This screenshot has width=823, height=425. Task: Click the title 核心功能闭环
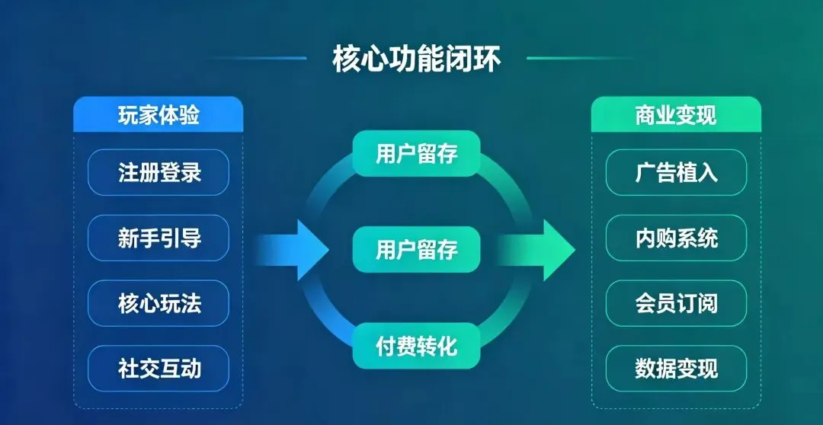[417, 59]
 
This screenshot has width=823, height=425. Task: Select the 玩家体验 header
[159, 116]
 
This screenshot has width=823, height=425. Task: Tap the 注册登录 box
[159, 172]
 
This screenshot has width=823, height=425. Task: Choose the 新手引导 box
[159, 238]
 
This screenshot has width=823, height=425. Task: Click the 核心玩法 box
[159, 304]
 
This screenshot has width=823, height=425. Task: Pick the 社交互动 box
[159, 369]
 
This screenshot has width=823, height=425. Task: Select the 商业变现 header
[676, 116]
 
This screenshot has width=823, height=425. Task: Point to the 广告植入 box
[676, 172]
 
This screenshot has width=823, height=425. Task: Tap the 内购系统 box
[676, 238]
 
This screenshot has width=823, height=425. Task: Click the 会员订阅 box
[676, 304]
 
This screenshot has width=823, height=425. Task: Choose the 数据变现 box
[676, 369]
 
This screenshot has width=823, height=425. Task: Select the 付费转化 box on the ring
[416, 347]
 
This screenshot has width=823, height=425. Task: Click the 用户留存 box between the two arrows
[416, 250]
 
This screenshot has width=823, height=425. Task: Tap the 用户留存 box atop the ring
[416, 153]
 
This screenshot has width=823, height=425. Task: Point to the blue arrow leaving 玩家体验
[293, 250]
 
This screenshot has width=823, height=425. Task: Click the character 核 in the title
[347, 59]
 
